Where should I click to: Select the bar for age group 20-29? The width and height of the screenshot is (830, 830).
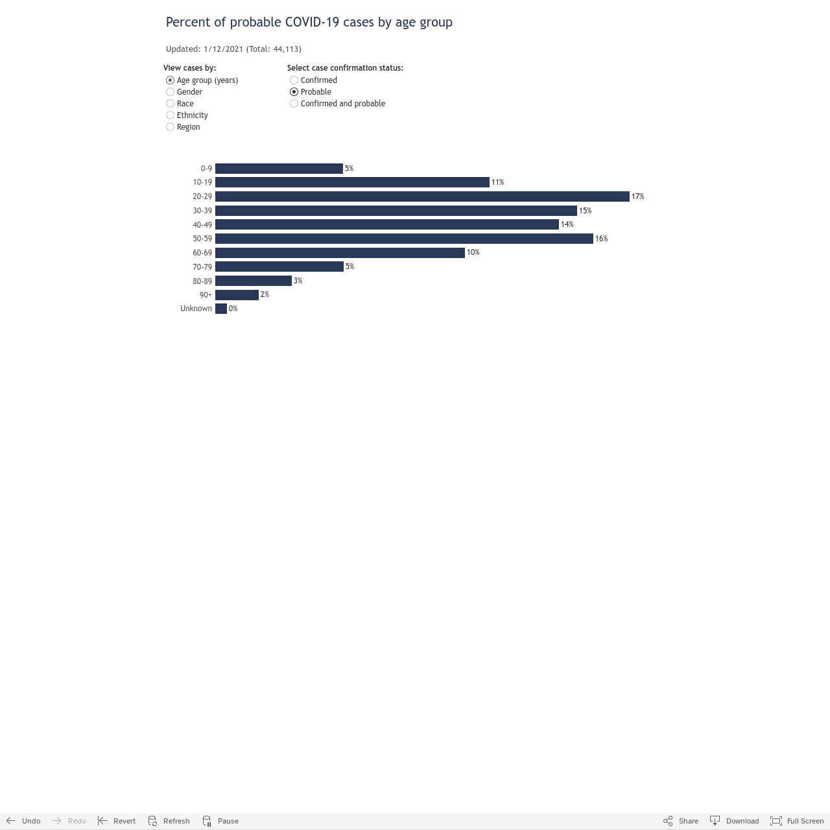(422, 196)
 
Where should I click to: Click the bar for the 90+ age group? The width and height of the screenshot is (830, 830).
(237, 294)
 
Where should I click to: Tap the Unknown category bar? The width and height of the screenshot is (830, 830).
(221, 309)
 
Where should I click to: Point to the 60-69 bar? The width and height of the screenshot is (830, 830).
(340, 252)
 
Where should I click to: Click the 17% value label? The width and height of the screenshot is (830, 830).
(637, 196)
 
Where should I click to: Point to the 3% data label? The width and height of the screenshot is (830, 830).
(298, 281)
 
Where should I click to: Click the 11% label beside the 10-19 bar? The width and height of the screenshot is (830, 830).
(497, 182)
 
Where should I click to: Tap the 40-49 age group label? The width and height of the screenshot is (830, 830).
(202, 225)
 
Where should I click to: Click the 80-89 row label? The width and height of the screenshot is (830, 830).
(202, 281)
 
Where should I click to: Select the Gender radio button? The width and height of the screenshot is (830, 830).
(170, 91)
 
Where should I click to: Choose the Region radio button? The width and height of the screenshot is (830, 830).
(170, 126)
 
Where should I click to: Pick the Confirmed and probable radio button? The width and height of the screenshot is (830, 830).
(294, 103)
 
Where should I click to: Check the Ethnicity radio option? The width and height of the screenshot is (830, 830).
(170, 115)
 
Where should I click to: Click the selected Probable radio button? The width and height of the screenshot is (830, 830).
(294, 91)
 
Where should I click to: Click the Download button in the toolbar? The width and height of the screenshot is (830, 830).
(734, 820)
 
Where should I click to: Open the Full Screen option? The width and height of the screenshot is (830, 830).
(796, 820)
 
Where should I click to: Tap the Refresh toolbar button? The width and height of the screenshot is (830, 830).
(169, 820)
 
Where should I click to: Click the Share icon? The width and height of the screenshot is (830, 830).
(668, 820)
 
